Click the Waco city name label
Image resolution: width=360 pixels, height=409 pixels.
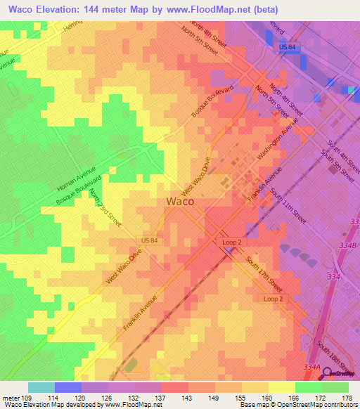pos(180,201)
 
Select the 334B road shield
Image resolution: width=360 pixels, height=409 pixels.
pos(349,245)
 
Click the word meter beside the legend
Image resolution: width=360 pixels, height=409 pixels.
pos(10,397)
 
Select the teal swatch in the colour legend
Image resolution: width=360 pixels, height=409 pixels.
pos(41,387)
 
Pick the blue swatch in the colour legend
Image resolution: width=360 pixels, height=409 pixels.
pos(68,387)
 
